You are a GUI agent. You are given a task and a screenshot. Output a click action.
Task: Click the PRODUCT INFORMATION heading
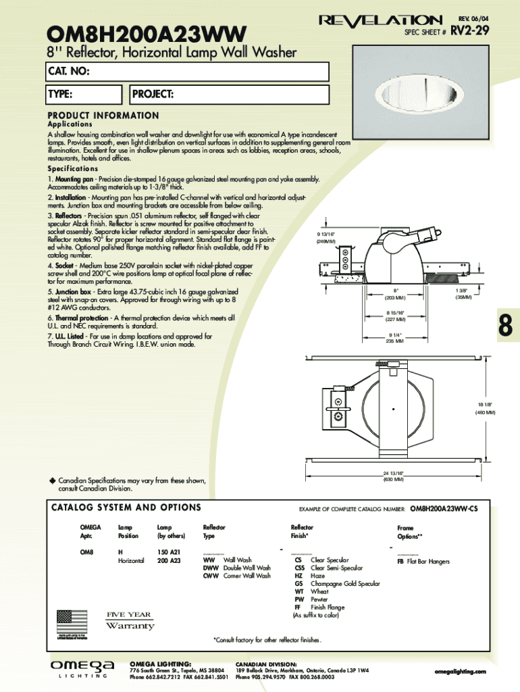pyautogui.click(x=103, y=116)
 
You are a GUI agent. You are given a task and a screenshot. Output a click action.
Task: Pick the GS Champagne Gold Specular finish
pyautogui.click(x=337, y=583)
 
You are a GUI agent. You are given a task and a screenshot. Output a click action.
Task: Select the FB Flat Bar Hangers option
pyautogui.click(x=423, y=561)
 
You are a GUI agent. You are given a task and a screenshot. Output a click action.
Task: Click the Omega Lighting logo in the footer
pyautogui.click(x=83, y=668)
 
